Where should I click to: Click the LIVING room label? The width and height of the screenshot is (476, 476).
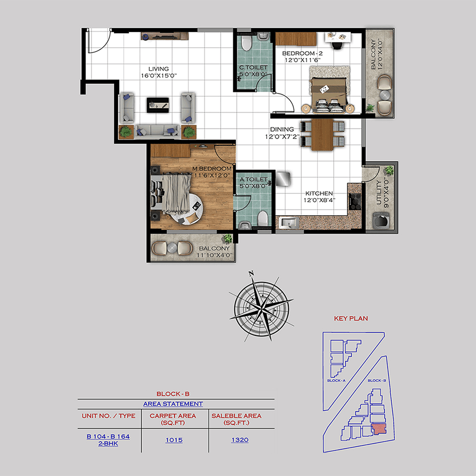pos(158,69)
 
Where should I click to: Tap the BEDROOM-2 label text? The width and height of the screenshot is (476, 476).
pos(299,53)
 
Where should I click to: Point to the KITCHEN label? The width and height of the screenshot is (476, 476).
pos(320,193)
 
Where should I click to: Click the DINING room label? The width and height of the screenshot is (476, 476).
pos(282,129)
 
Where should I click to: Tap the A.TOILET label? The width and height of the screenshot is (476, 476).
pos(253,179)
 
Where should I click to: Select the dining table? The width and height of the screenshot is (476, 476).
pos(323,134)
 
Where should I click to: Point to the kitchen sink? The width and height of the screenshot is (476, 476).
pos(288,223)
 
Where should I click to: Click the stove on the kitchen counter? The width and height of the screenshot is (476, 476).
pos(354,201)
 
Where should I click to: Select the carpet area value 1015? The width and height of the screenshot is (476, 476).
pos(175,440)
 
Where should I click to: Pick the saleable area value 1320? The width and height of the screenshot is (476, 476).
pos(240,440)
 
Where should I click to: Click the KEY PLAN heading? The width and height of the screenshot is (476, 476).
pos(351,318)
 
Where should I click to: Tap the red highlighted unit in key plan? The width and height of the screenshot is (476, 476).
pos(378,429)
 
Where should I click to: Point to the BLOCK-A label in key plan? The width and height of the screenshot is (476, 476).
pos(336,380)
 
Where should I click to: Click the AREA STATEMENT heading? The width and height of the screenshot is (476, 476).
pos(173,404)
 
